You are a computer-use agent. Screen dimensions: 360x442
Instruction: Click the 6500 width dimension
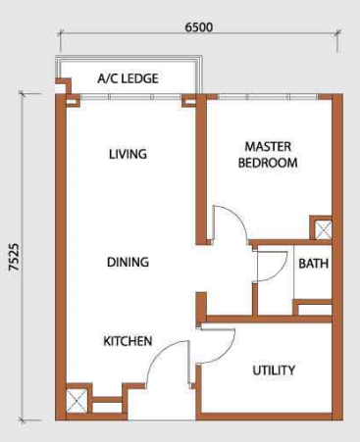click(199, 27)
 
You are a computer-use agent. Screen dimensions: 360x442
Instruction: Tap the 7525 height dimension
click(14, 257)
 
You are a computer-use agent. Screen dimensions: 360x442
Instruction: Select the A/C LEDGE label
click(128, 78)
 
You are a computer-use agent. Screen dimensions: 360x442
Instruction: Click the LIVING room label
click(128, 154)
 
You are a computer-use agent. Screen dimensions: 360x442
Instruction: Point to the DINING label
click(128, 262)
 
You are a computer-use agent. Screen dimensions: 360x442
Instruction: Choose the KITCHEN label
click(128, 341)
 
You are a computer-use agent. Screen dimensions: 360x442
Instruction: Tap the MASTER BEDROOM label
click(268, 155)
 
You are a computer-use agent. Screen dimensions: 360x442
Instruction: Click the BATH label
click(313, 264)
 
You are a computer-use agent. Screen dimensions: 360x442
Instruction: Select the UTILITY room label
click(274, 370)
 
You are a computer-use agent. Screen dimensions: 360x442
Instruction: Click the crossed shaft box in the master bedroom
click(323, 229)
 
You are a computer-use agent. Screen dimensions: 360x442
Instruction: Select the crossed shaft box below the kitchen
click(77, 400)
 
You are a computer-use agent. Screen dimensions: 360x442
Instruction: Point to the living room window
click(130, 97)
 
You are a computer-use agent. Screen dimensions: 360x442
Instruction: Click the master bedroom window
click(267, 97)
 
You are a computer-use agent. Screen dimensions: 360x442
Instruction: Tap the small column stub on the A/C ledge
click(65, 82)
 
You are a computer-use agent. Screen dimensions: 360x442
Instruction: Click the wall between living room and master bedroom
click(201, 170)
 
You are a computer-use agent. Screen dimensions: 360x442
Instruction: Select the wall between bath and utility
click(269, 319)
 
